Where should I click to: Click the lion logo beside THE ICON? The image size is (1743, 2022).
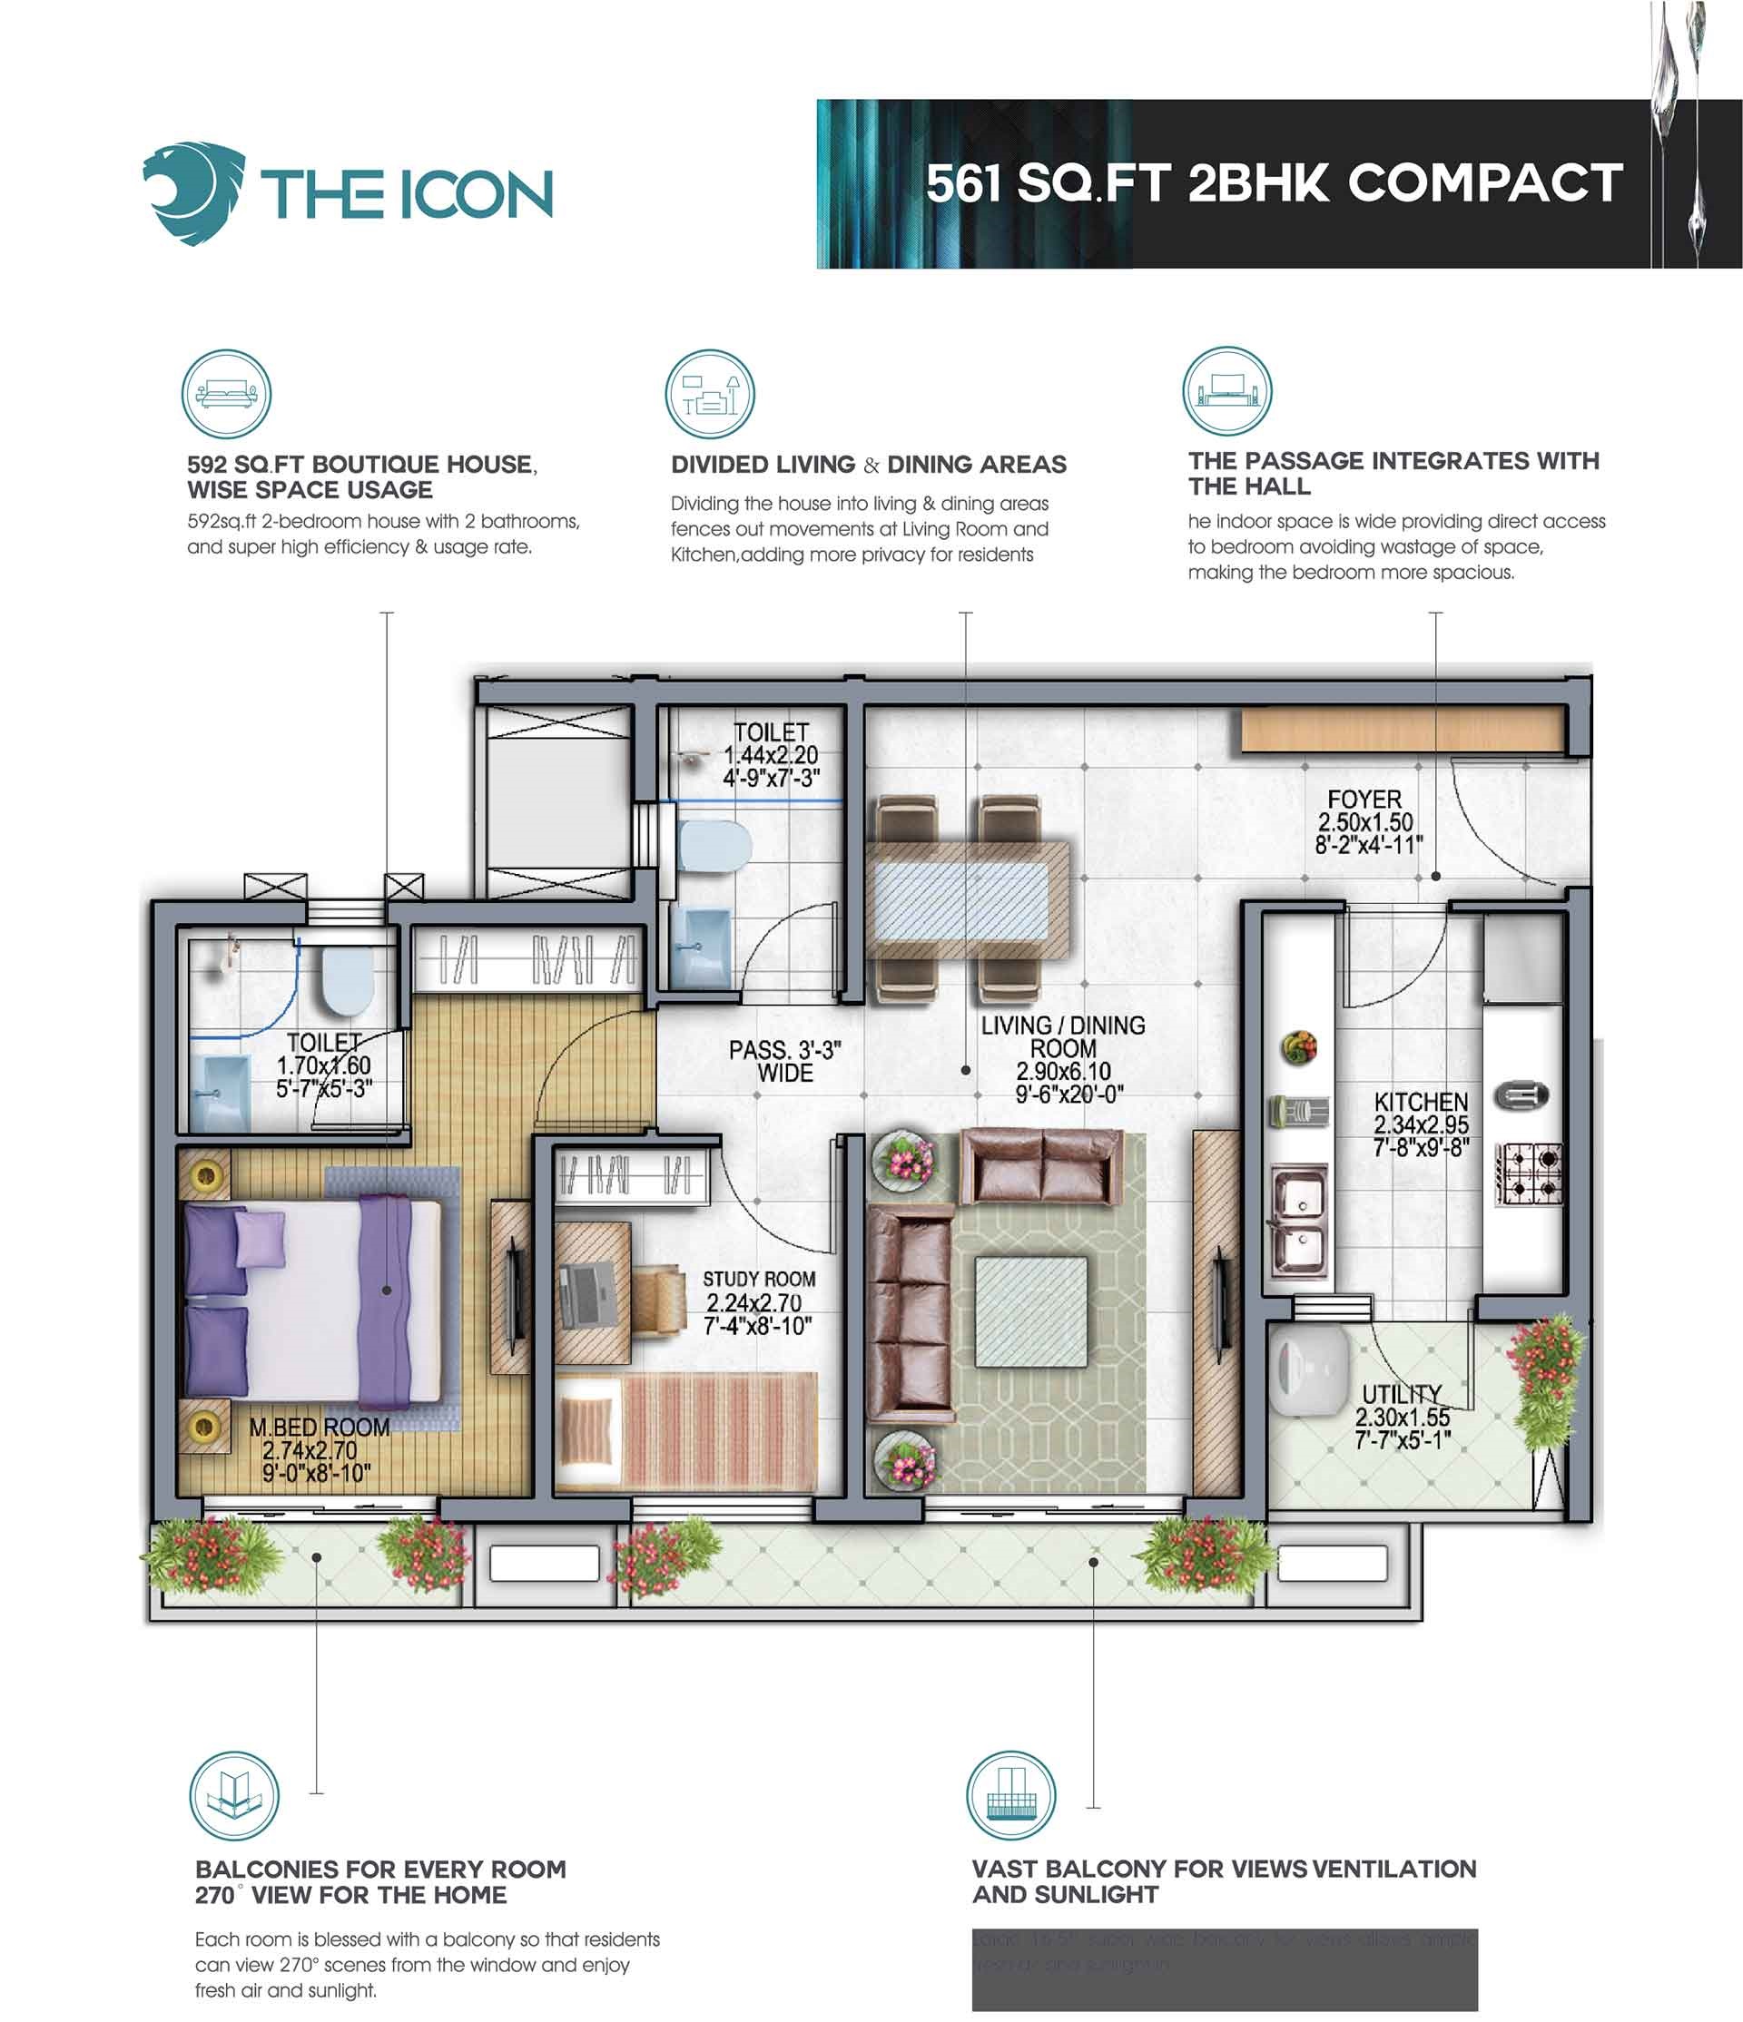(x=193, y=193)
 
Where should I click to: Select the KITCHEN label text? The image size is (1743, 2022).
(x=1420, y=1103)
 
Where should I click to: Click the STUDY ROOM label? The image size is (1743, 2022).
(x=758, y=1280)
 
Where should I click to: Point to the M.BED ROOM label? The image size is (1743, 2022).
(x=320, y=1427)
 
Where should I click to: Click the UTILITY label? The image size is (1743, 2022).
(x=1402, y=1394)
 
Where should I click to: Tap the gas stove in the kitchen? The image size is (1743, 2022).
(x=1528, y=1175)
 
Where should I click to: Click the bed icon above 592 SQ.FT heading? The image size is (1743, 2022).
(x=226, y=394)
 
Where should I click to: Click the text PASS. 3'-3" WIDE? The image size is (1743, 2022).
(x=784, y=1061)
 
